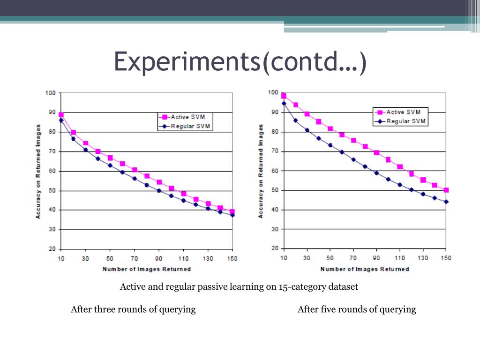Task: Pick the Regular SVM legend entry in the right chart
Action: pos(406,121)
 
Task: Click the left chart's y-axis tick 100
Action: pos(50,93)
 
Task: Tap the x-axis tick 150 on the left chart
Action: pos(232,259)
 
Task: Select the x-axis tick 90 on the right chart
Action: pos(376,258)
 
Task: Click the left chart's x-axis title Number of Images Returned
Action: pos(147,269)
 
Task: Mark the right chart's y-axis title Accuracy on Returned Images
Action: pos(261,171)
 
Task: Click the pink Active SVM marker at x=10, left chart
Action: pos(61,114)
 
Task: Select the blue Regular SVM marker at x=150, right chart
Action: pos(446,202)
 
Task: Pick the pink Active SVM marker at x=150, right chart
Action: pos(446,190)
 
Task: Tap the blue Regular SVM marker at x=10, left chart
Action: pos(61,120)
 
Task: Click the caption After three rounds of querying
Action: pos(133,309)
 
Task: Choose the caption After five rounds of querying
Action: pos(357,309)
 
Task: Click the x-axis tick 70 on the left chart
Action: pos(135,259)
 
